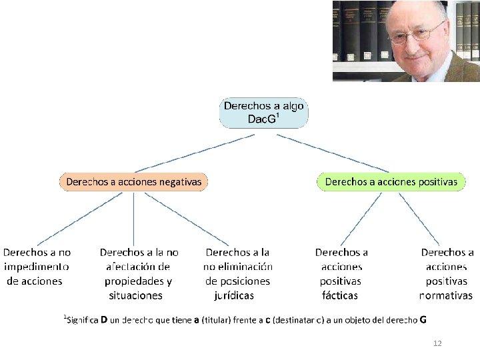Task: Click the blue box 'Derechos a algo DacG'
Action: pyautogui.click(x=264, y=113)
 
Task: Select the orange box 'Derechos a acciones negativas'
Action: pyautogui.click(x=133, y=181)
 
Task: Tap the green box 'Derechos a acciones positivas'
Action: pyautogui.click(x=391, y=181)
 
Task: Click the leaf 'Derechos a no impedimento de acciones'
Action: pyautogui.click(x=37, y=267)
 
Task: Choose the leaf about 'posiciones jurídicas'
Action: pyautogui.click(x=237, y=274)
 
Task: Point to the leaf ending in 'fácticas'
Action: pyautogui.click(x=341, y=274)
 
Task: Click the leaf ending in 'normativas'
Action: pyautogui.click(x=447, y=274)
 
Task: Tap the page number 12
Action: pyautogui.click(x=437, y=343)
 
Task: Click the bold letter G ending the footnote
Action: pyautogui.click(x=423, y=319)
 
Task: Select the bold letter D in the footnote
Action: pyautogui.click(x=104, y=319)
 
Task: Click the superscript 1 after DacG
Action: pyautogui.click(x=277, y=115)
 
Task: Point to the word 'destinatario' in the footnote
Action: pyautogui.click(x=300, y=320)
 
